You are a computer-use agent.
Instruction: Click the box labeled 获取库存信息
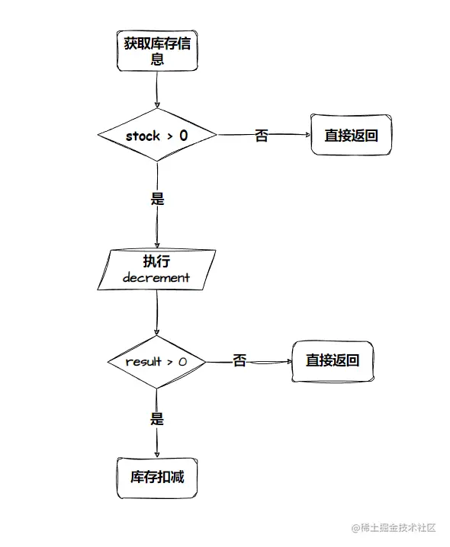tap(157, 51)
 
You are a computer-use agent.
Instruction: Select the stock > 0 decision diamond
tap(157, 135)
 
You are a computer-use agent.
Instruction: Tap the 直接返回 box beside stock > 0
tap(351, 135)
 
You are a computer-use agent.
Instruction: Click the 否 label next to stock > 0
tap(262, 136)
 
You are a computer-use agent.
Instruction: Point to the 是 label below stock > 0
tap(157, 199)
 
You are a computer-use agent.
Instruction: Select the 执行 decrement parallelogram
tap(156, 270)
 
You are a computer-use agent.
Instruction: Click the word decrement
tap(156, 277)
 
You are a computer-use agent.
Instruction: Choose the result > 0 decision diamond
tap(156, 362)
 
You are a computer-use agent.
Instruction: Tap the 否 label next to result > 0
tap(239, 360)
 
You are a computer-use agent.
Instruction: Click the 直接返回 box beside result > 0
tap(333, 362)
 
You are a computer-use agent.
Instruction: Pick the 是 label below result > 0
tap(157, 418)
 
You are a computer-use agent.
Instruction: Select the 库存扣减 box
tap(157, 478)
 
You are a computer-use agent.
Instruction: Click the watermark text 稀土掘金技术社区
tap(398, 528)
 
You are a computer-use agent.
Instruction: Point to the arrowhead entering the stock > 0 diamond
tap(157, 105)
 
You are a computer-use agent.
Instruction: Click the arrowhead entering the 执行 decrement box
tap(157, 245)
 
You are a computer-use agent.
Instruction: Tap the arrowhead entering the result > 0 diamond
tap(156, 331)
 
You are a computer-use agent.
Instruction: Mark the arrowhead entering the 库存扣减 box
tap(157, 454)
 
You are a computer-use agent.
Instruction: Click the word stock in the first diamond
tap(143, 136)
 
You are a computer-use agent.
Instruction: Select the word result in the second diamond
tap(143, 362)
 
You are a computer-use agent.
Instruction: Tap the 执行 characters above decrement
tap(156, 261)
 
